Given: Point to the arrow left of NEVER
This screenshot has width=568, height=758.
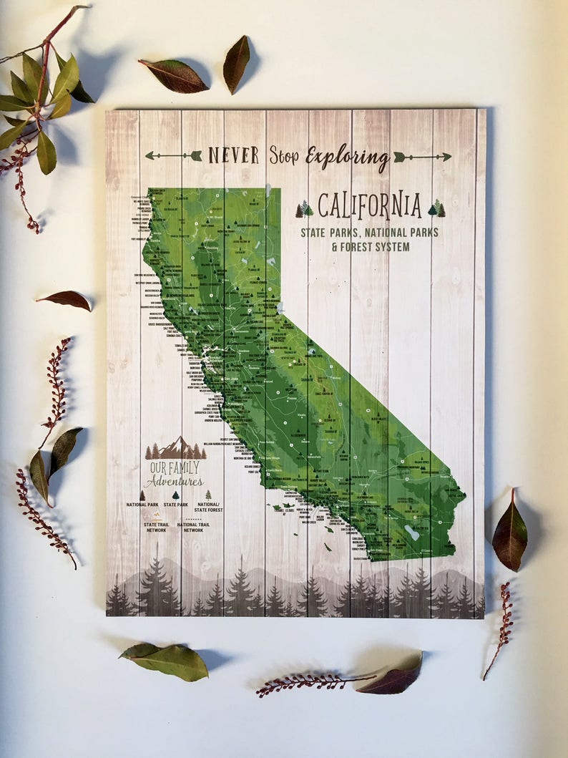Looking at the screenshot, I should tap(173, 155).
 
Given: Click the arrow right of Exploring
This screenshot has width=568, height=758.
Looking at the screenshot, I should tap(422, 157).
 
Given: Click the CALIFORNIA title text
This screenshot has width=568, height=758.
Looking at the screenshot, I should tap(369, 206).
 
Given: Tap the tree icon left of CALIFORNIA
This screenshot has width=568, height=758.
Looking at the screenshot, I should tap(305, 208).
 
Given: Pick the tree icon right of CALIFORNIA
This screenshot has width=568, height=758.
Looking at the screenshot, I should tap(436, 208).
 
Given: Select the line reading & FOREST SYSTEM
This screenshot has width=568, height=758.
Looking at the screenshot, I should tap(371, 247).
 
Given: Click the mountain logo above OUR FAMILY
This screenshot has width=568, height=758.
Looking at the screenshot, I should tap(175, 448).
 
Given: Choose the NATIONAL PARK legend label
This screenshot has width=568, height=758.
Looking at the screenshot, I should tap(143, 505).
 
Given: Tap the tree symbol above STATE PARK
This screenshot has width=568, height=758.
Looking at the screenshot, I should tap(176, 495).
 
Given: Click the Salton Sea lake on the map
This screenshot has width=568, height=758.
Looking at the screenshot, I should tap(411, 533).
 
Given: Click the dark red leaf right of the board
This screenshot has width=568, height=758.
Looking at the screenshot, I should tap(509, 534).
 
